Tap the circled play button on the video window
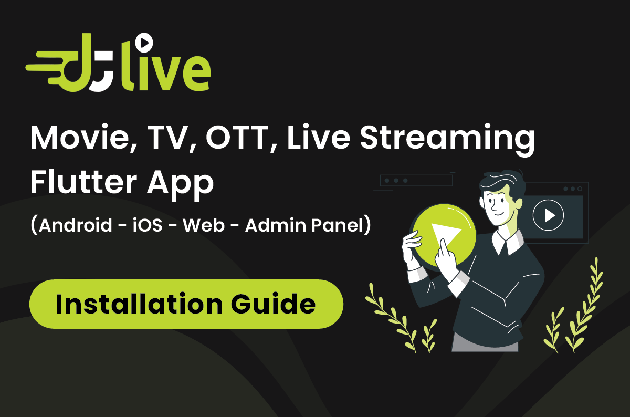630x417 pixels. [x=548, y=215]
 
